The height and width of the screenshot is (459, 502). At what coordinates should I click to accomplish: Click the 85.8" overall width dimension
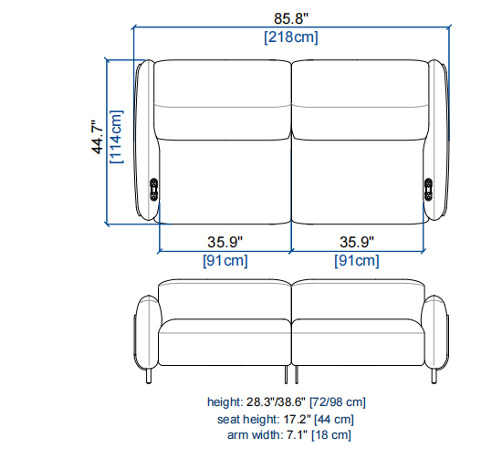[290, 18]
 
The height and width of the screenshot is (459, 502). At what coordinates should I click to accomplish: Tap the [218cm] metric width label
[290, 37]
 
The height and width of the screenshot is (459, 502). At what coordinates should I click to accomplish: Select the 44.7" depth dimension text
[98, 137]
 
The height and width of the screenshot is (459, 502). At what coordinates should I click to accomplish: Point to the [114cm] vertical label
[116, 137]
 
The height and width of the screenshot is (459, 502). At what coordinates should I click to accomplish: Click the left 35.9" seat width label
[225, 242]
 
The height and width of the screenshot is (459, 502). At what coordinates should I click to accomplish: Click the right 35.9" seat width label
[357, 242]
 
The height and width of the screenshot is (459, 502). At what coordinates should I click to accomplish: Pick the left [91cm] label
[225, 261]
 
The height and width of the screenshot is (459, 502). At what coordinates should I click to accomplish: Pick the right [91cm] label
[357, 261]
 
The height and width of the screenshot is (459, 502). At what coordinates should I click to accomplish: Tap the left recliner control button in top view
[153, 190]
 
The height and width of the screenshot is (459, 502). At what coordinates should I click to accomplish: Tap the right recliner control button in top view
[428, 190]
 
